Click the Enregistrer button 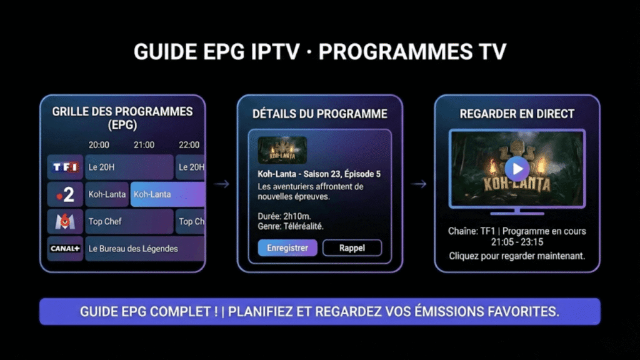click(x=287, y=247)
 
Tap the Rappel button click(x=352, y=247)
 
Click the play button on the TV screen click(x=517, y=167)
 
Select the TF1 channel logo click(x=65, y=167)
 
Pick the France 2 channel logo click(x=65, y=194)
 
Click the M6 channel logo click(x=65, y=221)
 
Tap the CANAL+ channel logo click(x=65, y=249)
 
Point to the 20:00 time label click(x=99, y=145)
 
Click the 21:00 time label click(x=144, y=145)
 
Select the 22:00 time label click(x=189, y=145)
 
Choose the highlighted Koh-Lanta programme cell click(x=167, y=194)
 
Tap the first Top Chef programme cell click(x=129, y=221)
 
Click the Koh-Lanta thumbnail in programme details click(x=282, y=150)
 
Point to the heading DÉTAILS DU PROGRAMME click(x=319, y=114)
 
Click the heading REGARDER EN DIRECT click(x=517, y=114)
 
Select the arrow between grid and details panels click(x=221, y=184)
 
